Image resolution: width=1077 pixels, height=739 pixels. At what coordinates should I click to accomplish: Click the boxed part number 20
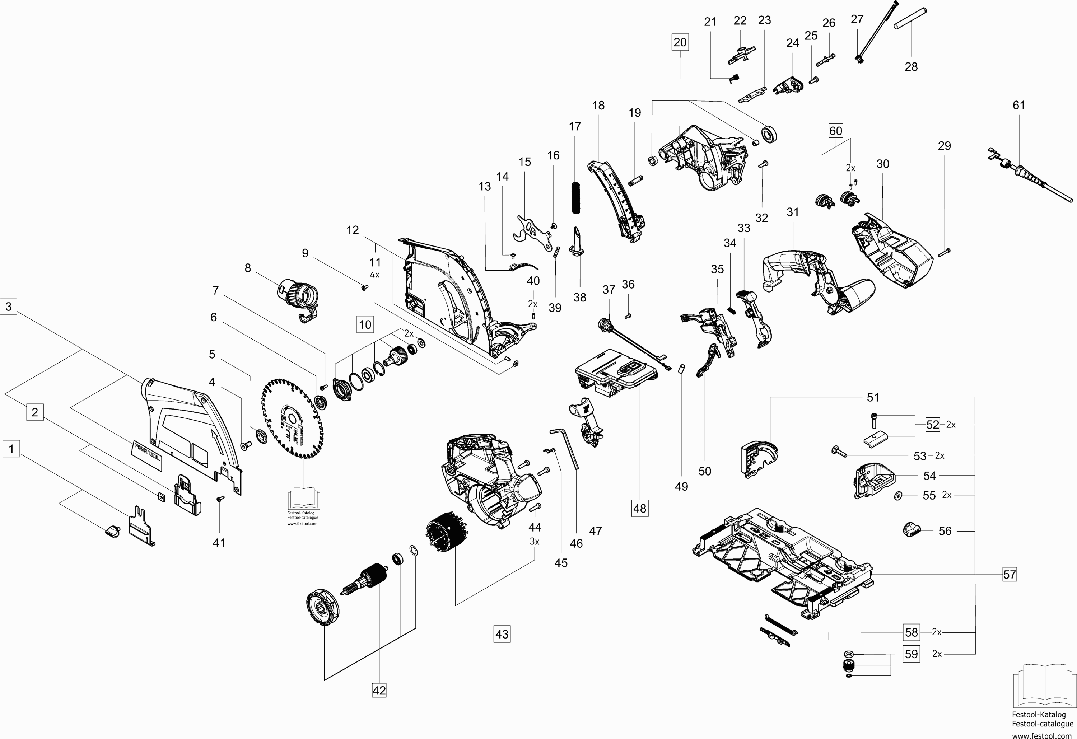(x=680, y=42)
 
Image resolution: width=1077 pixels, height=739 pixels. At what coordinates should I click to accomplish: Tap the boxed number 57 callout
(x=1010, y=575)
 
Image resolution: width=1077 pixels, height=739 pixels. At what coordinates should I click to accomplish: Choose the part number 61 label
(x=1018, y=105)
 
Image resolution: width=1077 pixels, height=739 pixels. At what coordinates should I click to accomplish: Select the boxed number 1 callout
(x=11, y=449)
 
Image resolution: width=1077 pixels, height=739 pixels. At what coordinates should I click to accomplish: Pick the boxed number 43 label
(x=502, y=634)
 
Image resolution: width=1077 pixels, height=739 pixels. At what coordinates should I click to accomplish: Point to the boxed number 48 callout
(x=639, y=508)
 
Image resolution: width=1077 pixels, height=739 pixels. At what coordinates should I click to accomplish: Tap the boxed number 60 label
(x=835, y=131)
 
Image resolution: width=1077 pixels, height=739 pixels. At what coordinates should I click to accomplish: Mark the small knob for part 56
(x=911, y=529)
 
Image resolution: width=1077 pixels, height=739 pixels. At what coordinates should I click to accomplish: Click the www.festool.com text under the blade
(x=302, y=524)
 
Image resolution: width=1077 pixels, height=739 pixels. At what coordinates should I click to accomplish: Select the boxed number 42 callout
(x=379, y=690)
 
